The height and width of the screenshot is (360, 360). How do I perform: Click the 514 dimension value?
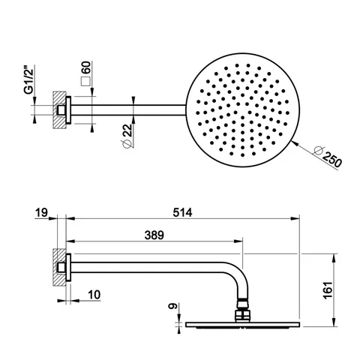pos(182,213)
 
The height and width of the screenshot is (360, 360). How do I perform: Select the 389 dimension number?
pos(154,235)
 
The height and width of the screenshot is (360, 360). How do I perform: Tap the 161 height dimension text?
pos(328,290)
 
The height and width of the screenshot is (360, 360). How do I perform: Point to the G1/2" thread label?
pos(29,80)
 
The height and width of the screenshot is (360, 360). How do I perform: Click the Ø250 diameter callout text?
pos(328,157)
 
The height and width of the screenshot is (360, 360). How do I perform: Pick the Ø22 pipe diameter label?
pos(127,136)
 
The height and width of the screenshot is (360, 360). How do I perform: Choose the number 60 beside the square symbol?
pos(87,67)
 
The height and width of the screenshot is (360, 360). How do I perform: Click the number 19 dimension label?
pos(41,213)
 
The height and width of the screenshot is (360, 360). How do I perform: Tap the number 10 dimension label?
pos(94,295)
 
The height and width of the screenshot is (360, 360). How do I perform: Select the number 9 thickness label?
pos(173,306)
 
